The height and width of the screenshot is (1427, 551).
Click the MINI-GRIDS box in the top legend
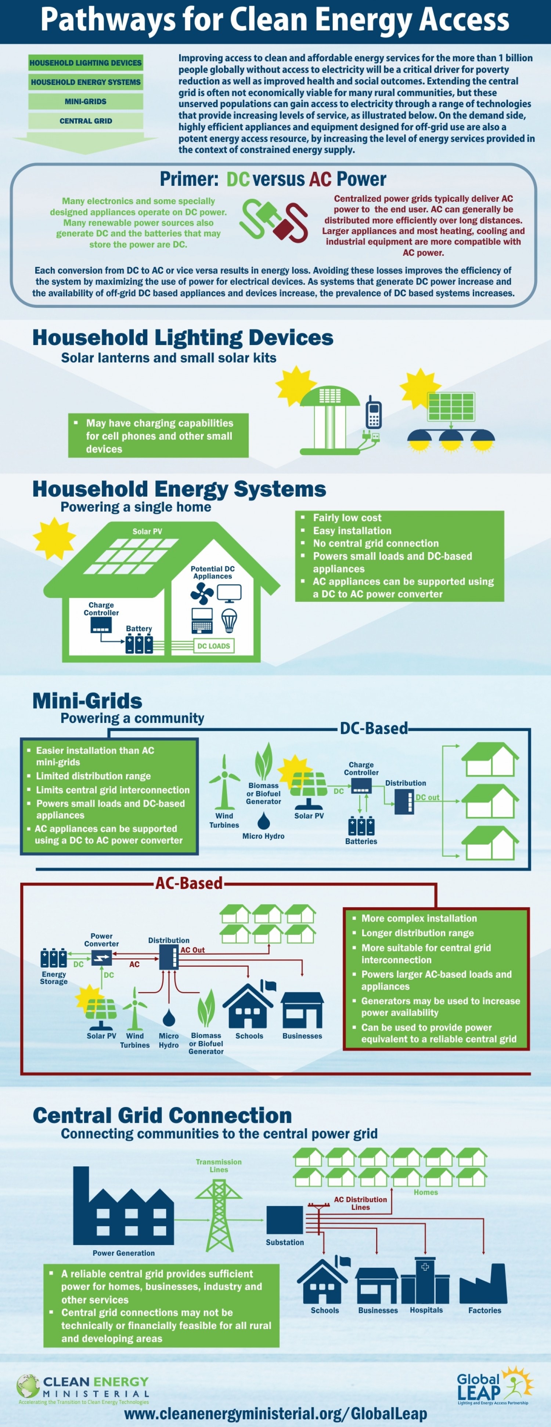(85, 101)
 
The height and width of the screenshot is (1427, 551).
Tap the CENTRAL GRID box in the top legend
(85, 121)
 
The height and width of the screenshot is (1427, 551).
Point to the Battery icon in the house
(139, 644)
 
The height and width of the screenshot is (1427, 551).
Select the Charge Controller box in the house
(101, 625)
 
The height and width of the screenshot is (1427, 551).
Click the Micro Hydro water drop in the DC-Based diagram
(264, 820)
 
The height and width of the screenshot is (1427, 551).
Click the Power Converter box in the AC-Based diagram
(101, 957)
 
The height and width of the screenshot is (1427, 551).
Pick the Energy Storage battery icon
(53, 957)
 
